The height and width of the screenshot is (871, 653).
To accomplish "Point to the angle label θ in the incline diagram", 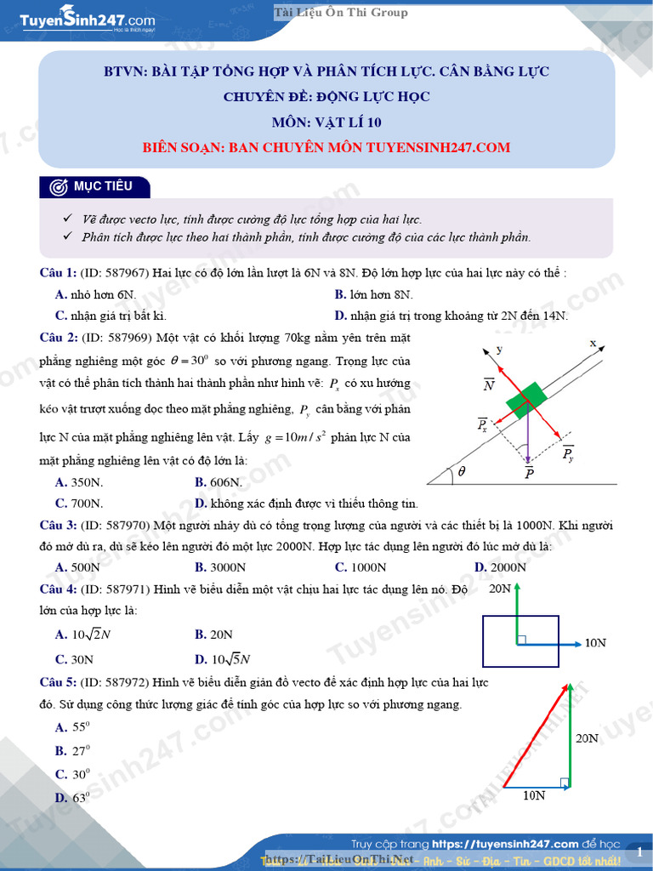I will [x=462, y=470].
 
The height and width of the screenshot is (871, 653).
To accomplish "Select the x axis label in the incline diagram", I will [x=593, y=344].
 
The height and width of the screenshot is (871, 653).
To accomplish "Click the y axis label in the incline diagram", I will [x=500, y=349].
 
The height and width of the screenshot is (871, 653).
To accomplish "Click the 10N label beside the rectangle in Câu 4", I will [x=595, y=644].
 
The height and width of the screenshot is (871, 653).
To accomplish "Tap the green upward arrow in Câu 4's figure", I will [x=516, y=612].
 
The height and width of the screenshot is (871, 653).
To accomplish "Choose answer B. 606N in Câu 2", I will [x=219, y=482].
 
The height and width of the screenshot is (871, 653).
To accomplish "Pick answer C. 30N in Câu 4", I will [x=74, y=659].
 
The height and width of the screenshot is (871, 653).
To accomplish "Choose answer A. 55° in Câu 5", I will [x=73, y=727].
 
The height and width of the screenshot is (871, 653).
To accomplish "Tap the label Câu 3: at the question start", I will [x=59, y=525].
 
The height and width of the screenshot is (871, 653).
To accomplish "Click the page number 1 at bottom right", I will [x=639, y=851].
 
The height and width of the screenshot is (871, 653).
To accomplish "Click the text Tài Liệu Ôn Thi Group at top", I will [x=341, y=12].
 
